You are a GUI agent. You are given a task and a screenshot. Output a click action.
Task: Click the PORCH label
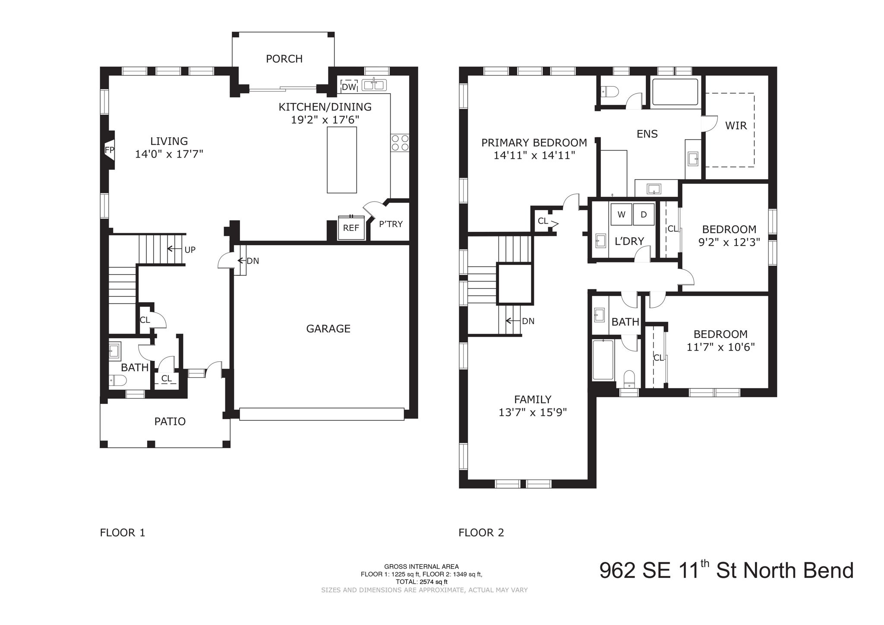click(x=284, y=59)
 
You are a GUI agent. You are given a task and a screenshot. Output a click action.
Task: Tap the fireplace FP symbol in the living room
click(x=110, y=150)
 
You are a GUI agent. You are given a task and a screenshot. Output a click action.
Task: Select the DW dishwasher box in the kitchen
click(x=349, y=87)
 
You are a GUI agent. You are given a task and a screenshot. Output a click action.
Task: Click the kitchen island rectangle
click(x=342, y=160)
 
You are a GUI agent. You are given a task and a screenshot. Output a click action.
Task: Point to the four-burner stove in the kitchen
click(x=400, y=143)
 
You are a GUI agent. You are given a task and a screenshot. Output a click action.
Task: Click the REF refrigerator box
click(x=351, y=228)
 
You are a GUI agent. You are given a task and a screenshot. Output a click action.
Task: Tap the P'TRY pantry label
click(x=391, y=224)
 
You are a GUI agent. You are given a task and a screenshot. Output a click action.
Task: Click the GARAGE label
click(x=328, y=329)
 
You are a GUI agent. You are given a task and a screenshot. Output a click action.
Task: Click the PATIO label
click(x=170, y=421)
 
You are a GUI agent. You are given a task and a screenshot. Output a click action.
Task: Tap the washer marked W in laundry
click(x=621, y=215)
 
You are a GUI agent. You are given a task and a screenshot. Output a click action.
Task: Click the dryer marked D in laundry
click(x=644, y=215)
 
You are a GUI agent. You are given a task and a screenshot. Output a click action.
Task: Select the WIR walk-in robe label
click(x=736, y=126)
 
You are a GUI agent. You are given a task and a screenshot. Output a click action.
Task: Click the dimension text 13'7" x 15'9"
click(x=533, y=412)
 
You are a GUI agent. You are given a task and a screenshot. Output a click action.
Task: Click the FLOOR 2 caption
click(x=481, y=533)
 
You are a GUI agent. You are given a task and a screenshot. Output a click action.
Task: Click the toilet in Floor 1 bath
click(x=118, y=380)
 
